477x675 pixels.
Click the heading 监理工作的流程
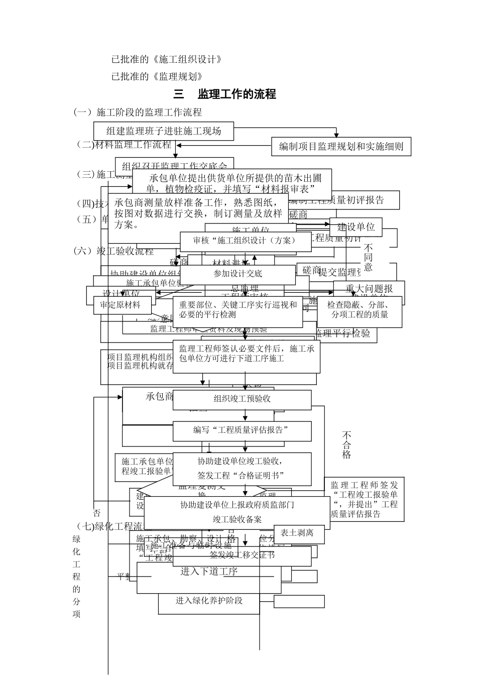[x=224, y=94]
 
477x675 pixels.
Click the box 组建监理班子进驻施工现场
[x=164, y=131]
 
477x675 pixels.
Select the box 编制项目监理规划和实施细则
[x=341, y=147]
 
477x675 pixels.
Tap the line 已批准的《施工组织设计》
[x=166, y=60]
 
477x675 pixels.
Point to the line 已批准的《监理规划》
[x=157, y=76]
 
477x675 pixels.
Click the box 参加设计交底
[x=237, y=274]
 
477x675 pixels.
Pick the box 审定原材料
[x=120, y=305]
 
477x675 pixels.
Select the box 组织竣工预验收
[x=242, y=399]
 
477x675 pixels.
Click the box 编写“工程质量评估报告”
[x=242, y=430]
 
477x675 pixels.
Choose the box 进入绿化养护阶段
[x=209, y=601]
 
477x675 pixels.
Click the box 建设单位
[x=356, y=227]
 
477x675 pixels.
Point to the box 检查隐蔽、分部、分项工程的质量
[x=360, y=309]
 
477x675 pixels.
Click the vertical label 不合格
[x=346, y=444]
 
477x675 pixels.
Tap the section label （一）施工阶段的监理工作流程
[x=138, y=112]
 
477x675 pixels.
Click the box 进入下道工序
[x=209, y=572]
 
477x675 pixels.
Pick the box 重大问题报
[x=369, y=288]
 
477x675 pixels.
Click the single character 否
[x=96, y=513]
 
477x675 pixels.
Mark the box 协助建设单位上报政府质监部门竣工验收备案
[x=237, y=512]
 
